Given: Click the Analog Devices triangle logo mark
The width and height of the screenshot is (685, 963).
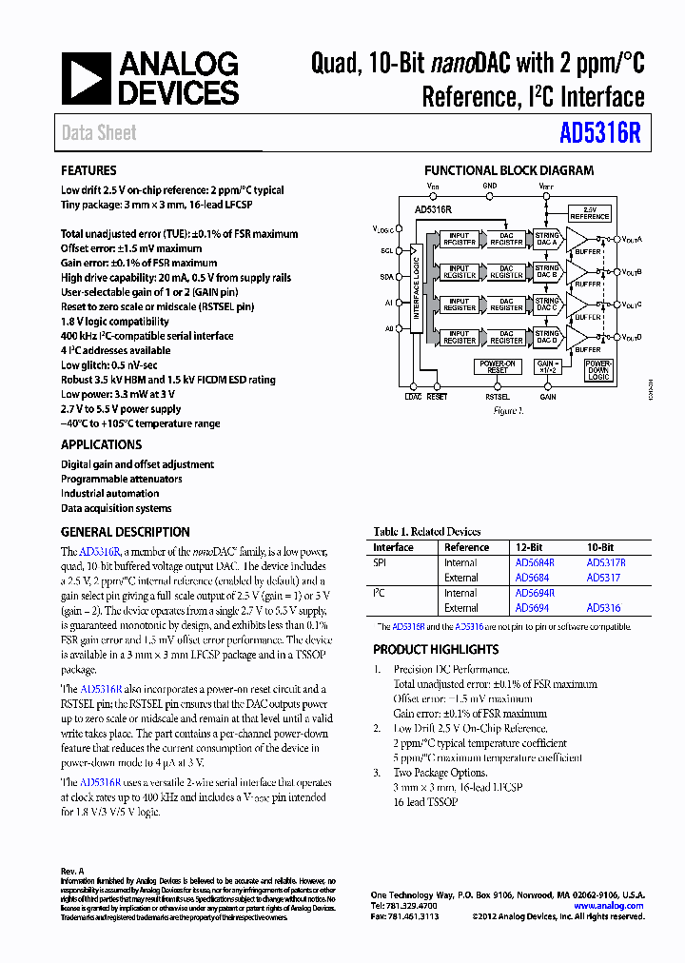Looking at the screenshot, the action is [x=85, y=78].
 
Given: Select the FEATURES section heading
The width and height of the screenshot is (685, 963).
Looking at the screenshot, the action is [x=88, y=171].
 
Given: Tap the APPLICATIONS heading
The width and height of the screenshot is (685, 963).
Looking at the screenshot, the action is [x=101, y=444].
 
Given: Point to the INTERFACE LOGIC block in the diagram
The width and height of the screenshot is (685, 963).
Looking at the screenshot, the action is [x=416, y=285].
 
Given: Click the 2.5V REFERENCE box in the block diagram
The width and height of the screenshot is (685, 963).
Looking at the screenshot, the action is [x=589, y=212].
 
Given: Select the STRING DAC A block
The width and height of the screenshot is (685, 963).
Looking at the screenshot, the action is [x=547, y=240].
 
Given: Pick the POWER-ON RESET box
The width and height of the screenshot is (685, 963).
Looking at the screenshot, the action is [x=497, y=367].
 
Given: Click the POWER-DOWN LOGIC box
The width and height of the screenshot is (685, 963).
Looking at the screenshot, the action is [x=597, y=370].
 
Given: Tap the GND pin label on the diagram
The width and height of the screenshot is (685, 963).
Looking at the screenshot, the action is [x=489, y=186].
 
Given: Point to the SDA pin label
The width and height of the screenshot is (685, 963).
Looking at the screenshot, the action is [x=387, y=276].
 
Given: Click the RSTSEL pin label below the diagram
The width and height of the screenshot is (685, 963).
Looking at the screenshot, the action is [x=497, y=397].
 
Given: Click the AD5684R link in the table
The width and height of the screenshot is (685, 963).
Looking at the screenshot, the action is [x=534, y=562].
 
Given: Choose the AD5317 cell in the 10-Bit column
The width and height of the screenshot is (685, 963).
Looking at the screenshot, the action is [x=603, y=577].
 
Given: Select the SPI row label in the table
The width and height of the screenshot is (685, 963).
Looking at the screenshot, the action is [x=380, y=562].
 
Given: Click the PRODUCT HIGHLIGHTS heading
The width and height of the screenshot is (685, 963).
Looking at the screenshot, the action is [x=436, y=649].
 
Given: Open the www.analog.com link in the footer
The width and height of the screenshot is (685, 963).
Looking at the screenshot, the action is [x=608, y=906].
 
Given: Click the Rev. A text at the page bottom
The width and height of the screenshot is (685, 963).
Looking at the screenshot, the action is [x=72, y=871].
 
